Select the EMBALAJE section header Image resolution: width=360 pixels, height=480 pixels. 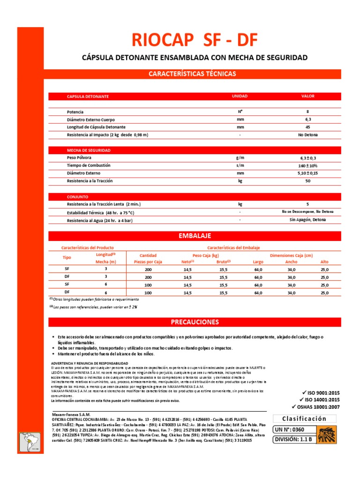tap(195, 235)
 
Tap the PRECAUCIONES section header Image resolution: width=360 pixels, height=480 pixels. tap(195, 322)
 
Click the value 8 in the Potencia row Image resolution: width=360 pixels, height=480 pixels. tap(307, 112)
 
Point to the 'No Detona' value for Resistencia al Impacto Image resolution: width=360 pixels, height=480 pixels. tap(307, 135)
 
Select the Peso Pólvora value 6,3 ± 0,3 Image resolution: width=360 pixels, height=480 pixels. tap(307, 158)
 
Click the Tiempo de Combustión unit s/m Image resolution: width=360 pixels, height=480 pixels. tap(240, 166)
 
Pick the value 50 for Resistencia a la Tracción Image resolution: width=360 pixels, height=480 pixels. tap(307, 181)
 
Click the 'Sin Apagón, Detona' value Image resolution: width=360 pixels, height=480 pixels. tap(307, 219)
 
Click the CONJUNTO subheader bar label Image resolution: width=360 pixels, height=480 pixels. tap(77, 197)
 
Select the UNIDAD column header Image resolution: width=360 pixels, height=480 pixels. tap(240, 96)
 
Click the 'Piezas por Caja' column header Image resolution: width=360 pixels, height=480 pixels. tap(148, 262)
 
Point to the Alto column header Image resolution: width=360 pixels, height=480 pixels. tap(324, 262)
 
